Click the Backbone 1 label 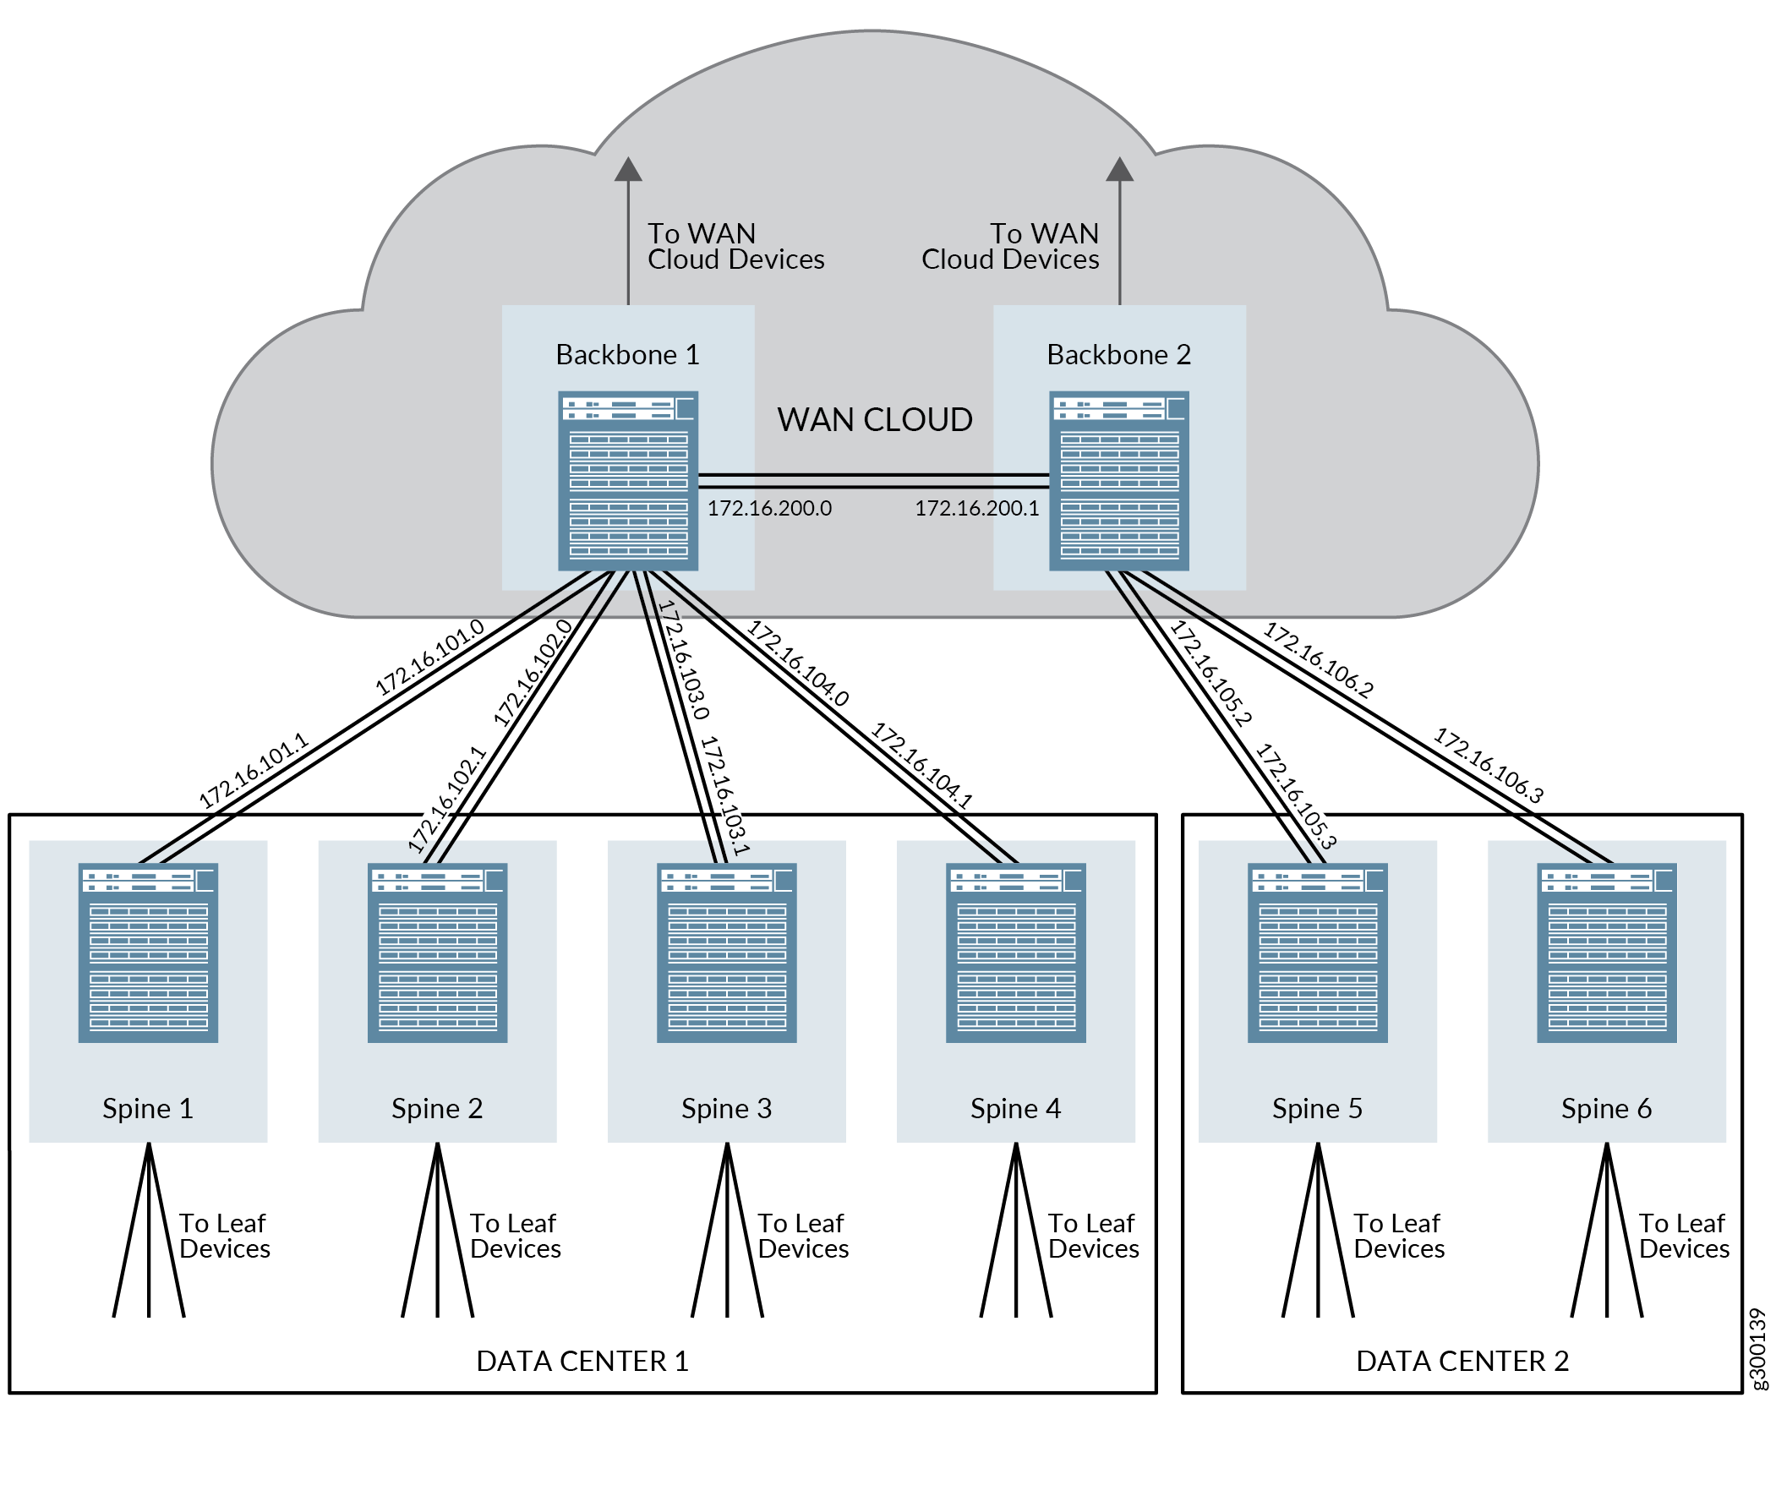click(627, 354)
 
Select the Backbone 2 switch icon click(1118, 481)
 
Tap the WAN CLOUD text click(874, 420)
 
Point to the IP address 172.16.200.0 click(769, 508)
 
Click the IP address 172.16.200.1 click(976, 508)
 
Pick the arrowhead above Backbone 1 click(628, 170)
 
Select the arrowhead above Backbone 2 click(1119, 170)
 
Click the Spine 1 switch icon click(149, 953)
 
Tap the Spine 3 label click(727, 1108)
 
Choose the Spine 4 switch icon click(1016, 953)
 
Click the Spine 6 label click(1606, 1108)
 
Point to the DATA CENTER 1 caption click(582, 1361)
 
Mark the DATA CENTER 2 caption click(1462, 1361)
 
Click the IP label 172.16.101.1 click(253, 771)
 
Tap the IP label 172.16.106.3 click(1489, 765)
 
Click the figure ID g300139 click(1758, 1349)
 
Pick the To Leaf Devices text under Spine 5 click(1399, 1236)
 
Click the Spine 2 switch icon click(438, 953)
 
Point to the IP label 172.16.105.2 click(1210, 674)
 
